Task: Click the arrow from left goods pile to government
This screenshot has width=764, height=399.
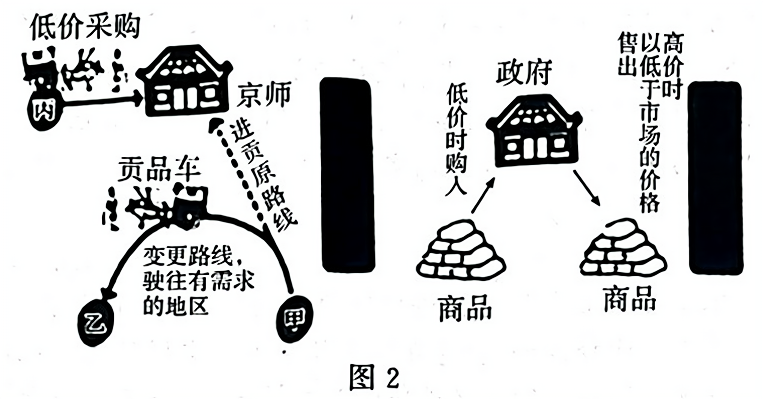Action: click(483, 195)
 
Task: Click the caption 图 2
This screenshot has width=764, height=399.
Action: click(374, 377)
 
